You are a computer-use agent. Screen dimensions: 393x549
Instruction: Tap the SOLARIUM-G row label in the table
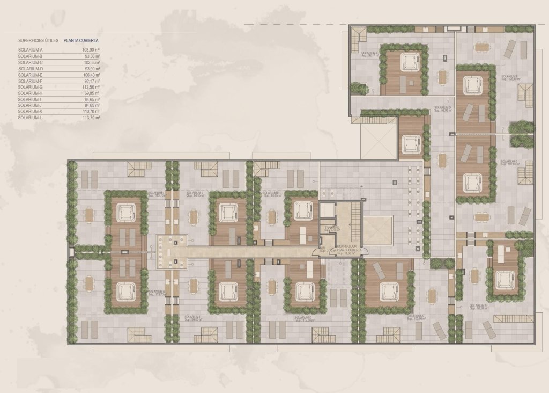30,87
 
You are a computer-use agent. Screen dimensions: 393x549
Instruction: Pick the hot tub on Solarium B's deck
505,279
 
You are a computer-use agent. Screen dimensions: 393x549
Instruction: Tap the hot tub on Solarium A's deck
389,291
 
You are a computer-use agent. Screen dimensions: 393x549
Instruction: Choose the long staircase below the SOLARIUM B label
513,318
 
